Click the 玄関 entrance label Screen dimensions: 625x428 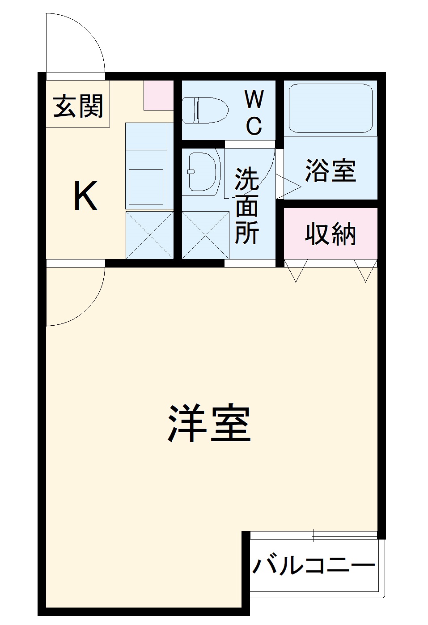click(x=78, y=106)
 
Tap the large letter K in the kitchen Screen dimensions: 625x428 click(x=85, y=197)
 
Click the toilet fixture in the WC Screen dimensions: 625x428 click(x=205, y=110)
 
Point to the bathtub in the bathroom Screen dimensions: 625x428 click(x=331, y=108)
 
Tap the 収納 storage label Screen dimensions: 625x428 click(x=331, y=234)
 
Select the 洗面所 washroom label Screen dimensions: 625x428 click(x=247, y=205)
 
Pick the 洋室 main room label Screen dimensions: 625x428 click(x=209, y=424)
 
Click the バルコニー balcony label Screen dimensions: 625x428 click(x=314, y=566)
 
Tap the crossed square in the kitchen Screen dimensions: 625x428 click(x=149, y=235)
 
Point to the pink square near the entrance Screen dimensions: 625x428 click(x=158, y=95)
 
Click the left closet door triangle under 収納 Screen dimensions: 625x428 click(x=296, y=271)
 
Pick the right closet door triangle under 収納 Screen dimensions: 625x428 click(x=366, y=271)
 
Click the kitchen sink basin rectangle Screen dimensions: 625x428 click(x=146, y=187)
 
